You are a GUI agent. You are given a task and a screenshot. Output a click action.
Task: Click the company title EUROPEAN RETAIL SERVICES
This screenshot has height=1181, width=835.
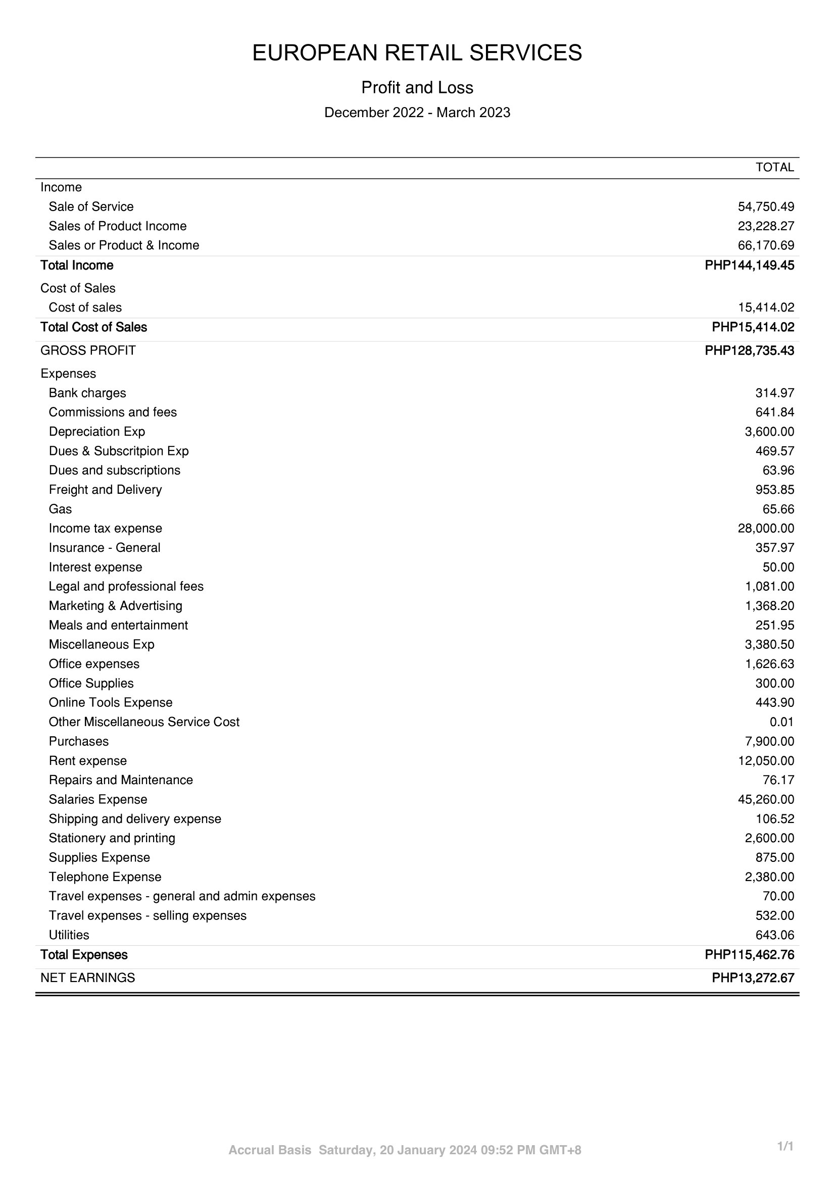tap(417, 53)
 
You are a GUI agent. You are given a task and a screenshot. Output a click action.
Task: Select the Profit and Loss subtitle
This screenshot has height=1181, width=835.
tap(417, 88)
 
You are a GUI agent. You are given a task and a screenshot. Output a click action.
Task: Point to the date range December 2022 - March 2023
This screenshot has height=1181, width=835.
tap(417, 113)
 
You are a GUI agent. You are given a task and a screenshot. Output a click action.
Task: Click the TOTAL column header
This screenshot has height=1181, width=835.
tap(774, 167)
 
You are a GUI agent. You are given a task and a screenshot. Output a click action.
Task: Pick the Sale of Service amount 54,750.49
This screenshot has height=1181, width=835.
tap(766, 207)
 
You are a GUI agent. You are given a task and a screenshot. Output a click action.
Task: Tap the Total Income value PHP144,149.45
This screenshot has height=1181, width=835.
tap(749, 266)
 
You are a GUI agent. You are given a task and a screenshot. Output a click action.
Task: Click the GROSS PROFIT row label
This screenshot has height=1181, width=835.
tap(88, 351)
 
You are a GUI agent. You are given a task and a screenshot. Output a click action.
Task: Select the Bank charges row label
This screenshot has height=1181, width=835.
tap(87, 393)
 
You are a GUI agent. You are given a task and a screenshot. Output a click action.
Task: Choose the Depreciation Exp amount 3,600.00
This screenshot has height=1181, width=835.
tap(769, 432)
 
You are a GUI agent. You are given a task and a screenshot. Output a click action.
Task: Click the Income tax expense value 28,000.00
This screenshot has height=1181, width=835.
tap(766, 528)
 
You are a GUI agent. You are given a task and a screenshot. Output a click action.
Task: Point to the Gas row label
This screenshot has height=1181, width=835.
tap(60, 509)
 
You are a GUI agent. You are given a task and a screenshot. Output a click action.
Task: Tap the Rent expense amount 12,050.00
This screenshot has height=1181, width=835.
tap(766, 761)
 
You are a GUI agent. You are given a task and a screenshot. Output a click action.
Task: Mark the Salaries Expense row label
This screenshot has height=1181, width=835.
tap(98, 799)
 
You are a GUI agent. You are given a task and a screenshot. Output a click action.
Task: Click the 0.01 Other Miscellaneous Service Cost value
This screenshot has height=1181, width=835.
tap(781, 722)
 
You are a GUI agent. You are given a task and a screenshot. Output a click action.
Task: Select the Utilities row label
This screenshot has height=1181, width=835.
tap(69, 935)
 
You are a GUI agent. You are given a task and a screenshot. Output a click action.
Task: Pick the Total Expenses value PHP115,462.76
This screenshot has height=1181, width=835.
tap(749, 955)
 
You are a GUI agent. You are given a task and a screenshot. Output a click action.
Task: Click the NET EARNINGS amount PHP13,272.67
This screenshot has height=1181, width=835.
tap(753, 979)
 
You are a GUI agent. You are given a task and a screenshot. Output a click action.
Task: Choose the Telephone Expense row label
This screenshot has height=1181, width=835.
tap(105, 877)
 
